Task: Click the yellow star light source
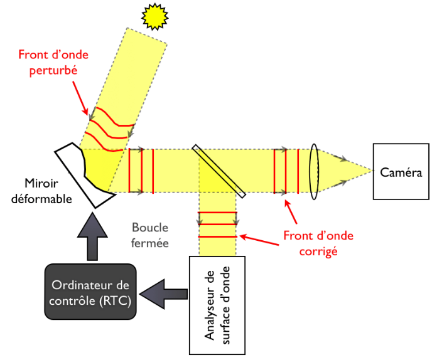[154, 17]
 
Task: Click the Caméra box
[401, 171]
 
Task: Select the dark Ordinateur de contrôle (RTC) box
[90, 292]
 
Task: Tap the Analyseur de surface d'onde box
[217, 305]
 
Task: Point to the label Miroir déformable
[41, 191]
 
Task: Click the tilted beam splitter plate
[218, 171]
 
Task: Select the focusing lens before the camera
[314, 171]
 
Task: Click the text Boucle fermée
[150, 235]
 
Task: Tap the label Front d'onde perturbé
[53, 62]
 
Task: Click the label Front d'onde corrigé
[318, 243]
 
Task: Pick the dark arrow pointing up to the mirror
[92, 236]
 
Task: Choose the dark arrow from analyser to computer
[163, 294]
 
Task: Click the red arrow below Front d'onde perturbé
[80, 98]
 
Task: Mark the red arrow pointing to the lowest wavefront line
[259, 241]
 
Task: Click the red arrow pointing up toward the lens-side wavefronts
[291, 212]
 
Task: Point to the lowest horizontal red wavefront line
[218, 236]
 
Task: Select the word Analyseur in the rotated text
[210, 305]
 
